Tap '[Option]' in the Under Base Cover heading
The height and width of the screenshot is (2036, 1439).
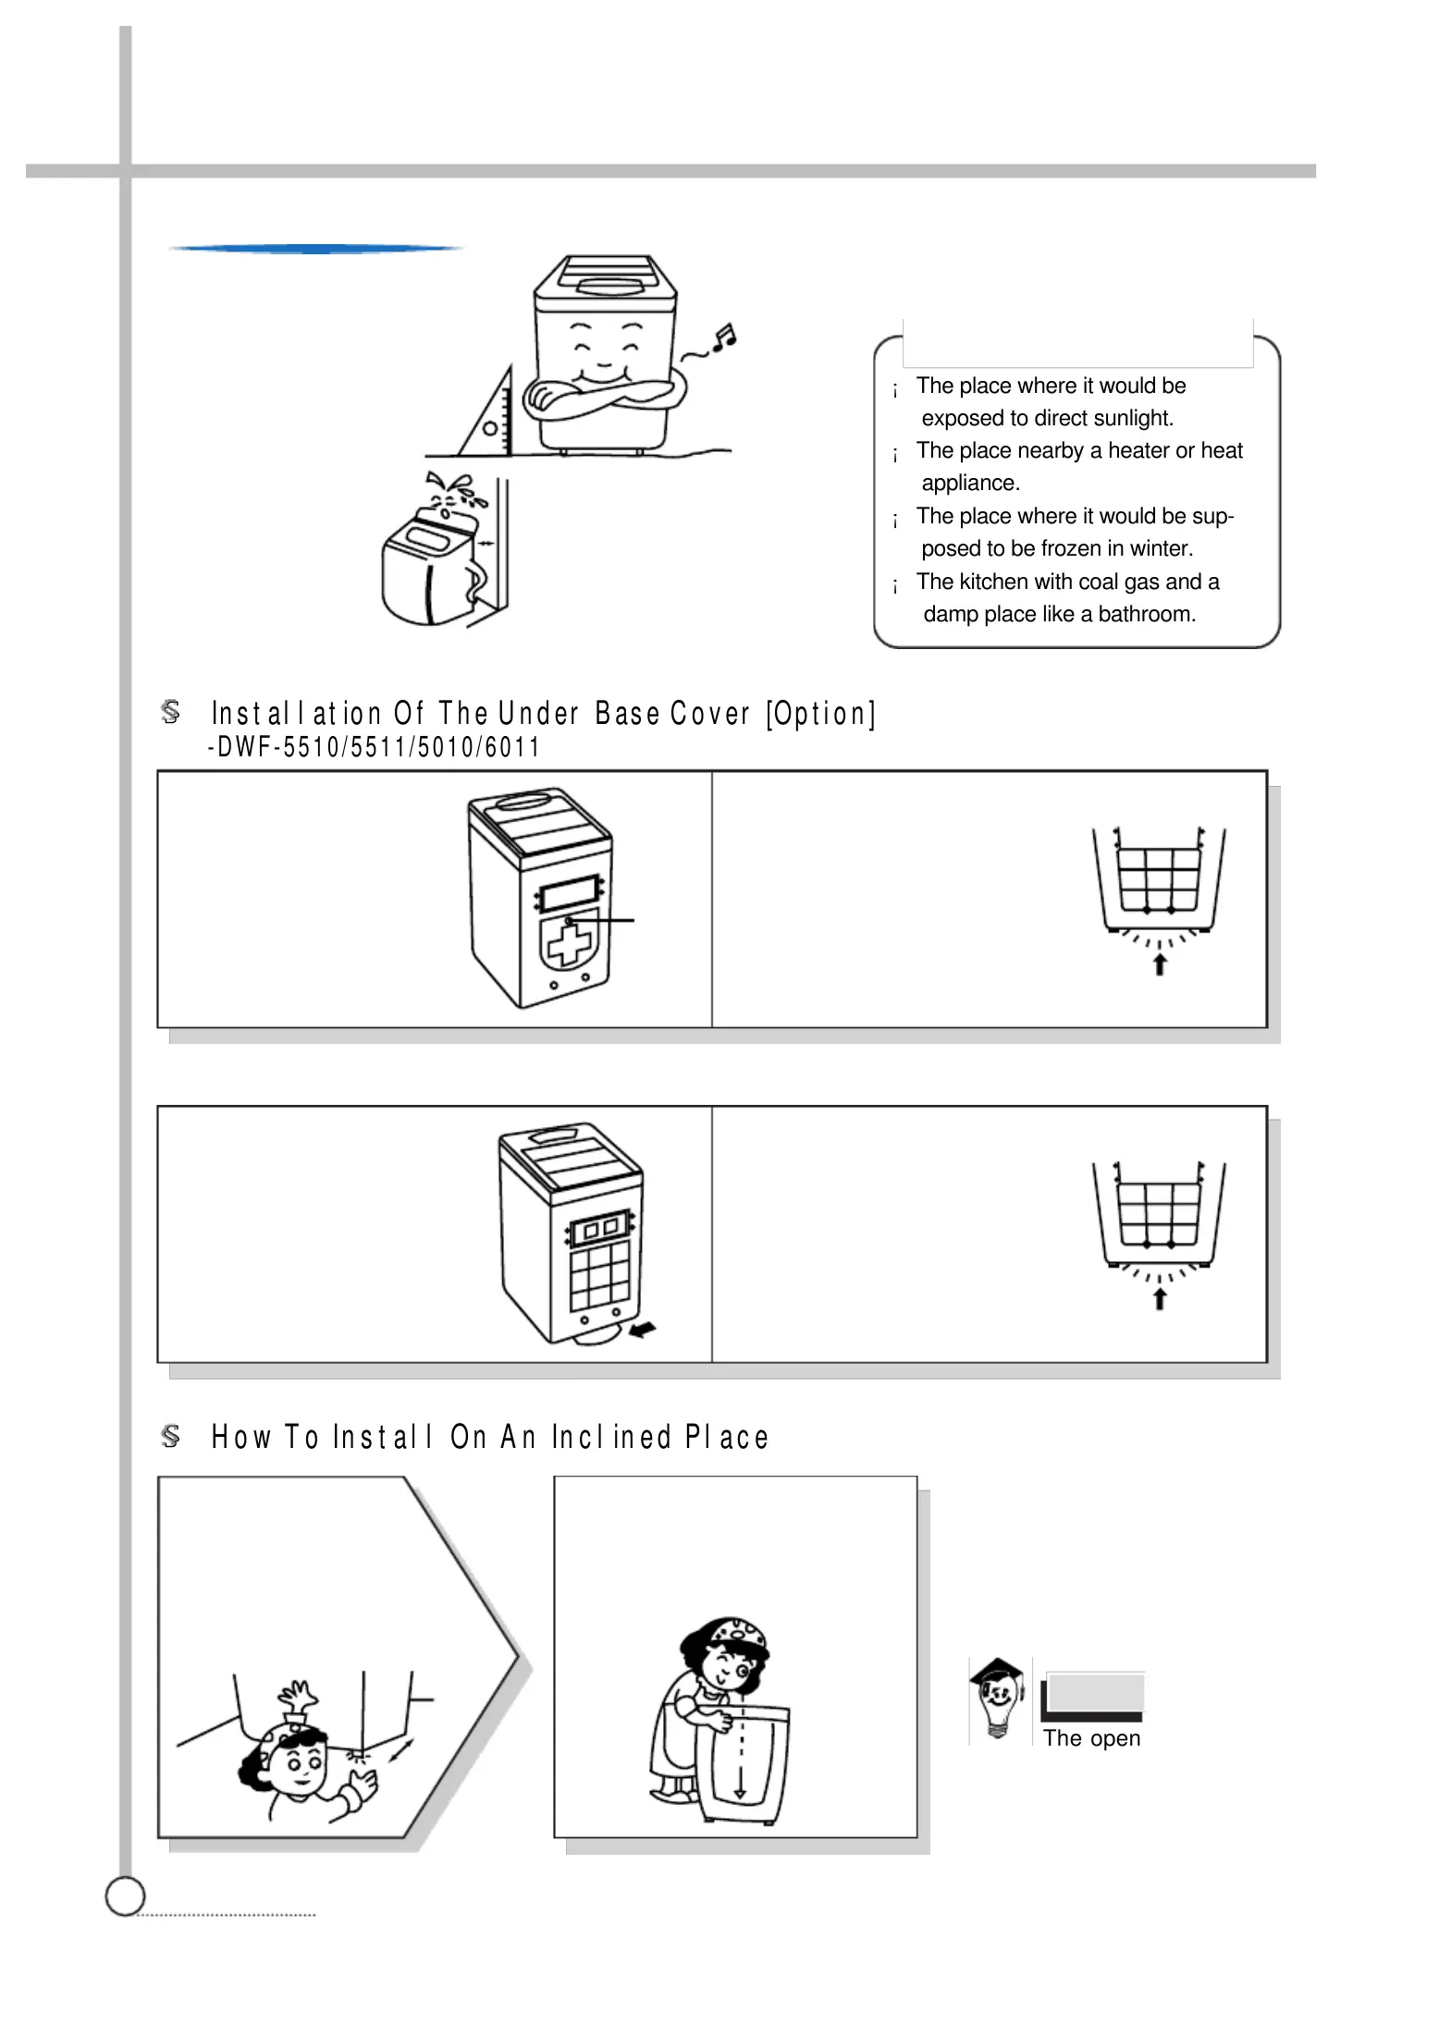[x=820, y=714]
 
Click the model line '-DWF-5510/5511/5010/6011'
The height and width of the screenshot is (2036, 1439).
[x=374, y=747]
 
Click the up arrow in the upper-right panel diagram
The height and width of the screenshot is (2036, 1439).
[x=1159, y=964]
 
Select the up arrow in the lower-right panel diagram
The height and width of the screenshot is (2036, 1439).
[x=1159, y=1299]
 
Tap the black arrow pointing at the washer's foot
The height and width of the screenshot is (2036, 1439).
[x=642, y=1330]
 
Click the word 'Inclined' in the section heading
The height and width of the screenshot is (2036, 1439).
[x=611, y=1437]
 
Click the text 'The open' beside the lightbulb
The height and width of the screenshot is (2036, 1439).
[x=1091, y=1738]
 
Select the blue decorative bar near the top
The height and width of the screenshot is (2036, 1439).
[x=314, y=249]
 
